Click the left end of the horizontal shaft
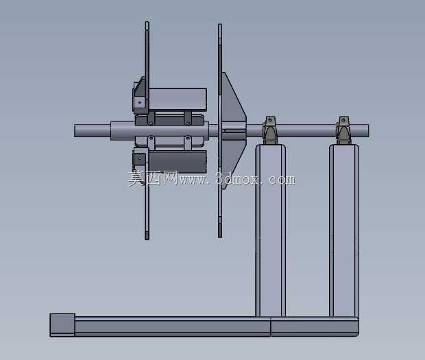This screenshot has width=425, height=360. (75, 130)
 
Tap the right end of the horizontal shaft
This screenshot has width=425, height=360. (368, 130)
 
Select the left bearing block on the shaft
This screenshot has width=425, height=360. (270, 130)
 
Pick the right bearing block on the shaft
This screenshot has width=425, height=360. (343, 130)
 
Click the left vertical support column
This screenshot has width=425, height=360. (270, 230)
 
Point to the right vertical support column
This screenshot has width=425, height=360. (344, 230)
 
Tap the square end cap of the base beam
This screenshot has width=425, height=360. (62, 325)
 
